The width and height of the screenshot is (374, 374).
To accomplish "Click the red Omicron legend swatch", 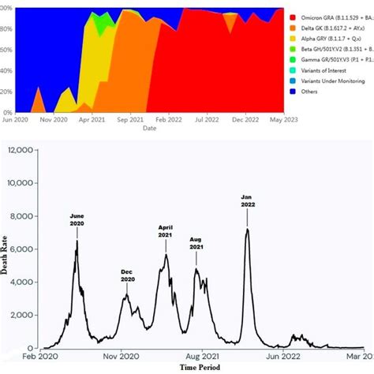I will tap(294, 17).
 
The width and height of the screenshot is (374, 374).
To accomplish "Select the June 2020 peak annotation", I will tap(77, 219).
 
